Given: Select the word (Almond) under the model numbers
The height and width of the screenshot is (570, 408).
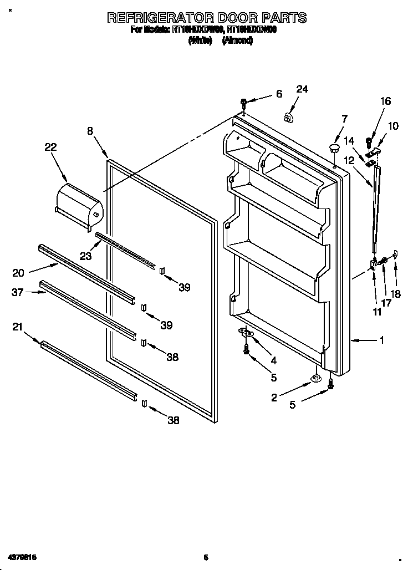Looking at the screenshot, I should click(238, 40).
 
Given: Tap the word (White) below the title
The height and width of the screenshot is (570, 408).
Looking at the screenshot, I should click(201, 40).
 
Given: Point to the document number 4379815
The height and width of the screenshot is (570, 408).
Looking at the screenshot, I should click(22, 556).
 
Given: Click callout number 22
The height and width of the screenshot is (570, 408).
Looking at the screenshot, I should click(50, 147).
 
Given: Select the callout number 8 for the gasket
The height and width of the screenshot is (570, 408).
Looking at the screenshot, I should click(90, 131).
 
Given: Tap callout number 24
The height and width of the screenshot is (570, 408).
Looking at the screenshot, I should click(302, 89).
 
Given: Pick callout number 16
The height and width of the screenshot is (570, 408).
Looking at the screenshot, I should click(385, 101).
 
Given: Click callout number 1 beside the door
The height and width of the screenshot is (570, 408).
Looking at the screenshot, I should click(381, 340).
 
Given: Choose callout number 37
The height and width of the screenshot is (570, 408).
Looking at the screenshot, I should click(17, 292).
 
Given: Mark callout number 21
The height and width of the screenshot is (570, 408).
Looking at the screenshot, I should click(17, 328).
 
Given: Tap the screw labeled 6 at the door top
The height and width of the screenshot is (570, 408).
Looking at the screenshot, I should click(244, 103).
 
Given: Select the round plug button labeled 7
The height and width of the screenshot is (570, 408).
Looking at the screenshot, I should click(334, 147).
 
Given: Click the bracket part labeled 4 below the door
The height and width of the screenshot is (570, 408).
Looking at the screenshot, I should click(246, 332).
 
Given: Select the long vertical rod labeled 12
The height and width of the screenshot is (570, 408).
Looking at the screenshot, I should click(376, 211).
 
